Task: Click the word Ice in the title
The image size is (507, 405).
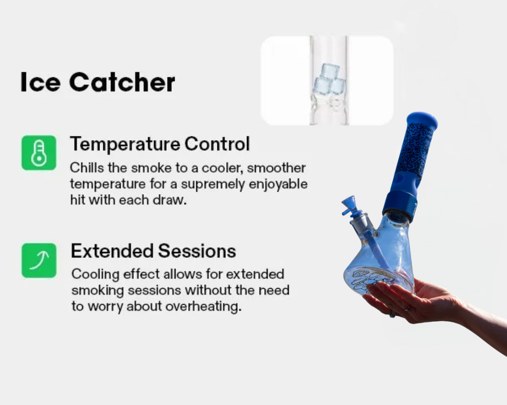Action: (40, 82)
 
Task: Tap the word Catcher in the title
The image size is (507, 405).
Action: (122, 82)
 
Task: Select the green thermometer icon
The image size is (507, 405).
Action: (39, 153)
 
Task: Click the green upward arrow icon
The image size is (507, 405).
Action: (39, 260)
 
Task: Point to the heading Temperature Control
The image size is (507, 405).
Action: (160, 144)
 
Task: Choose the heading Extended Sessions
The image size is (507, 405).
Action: (153, 251)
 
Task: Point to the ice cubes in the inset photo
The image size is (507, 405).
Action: (328, 79)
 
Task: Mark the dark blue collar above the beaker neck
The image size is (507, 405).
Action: (400, 206)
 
